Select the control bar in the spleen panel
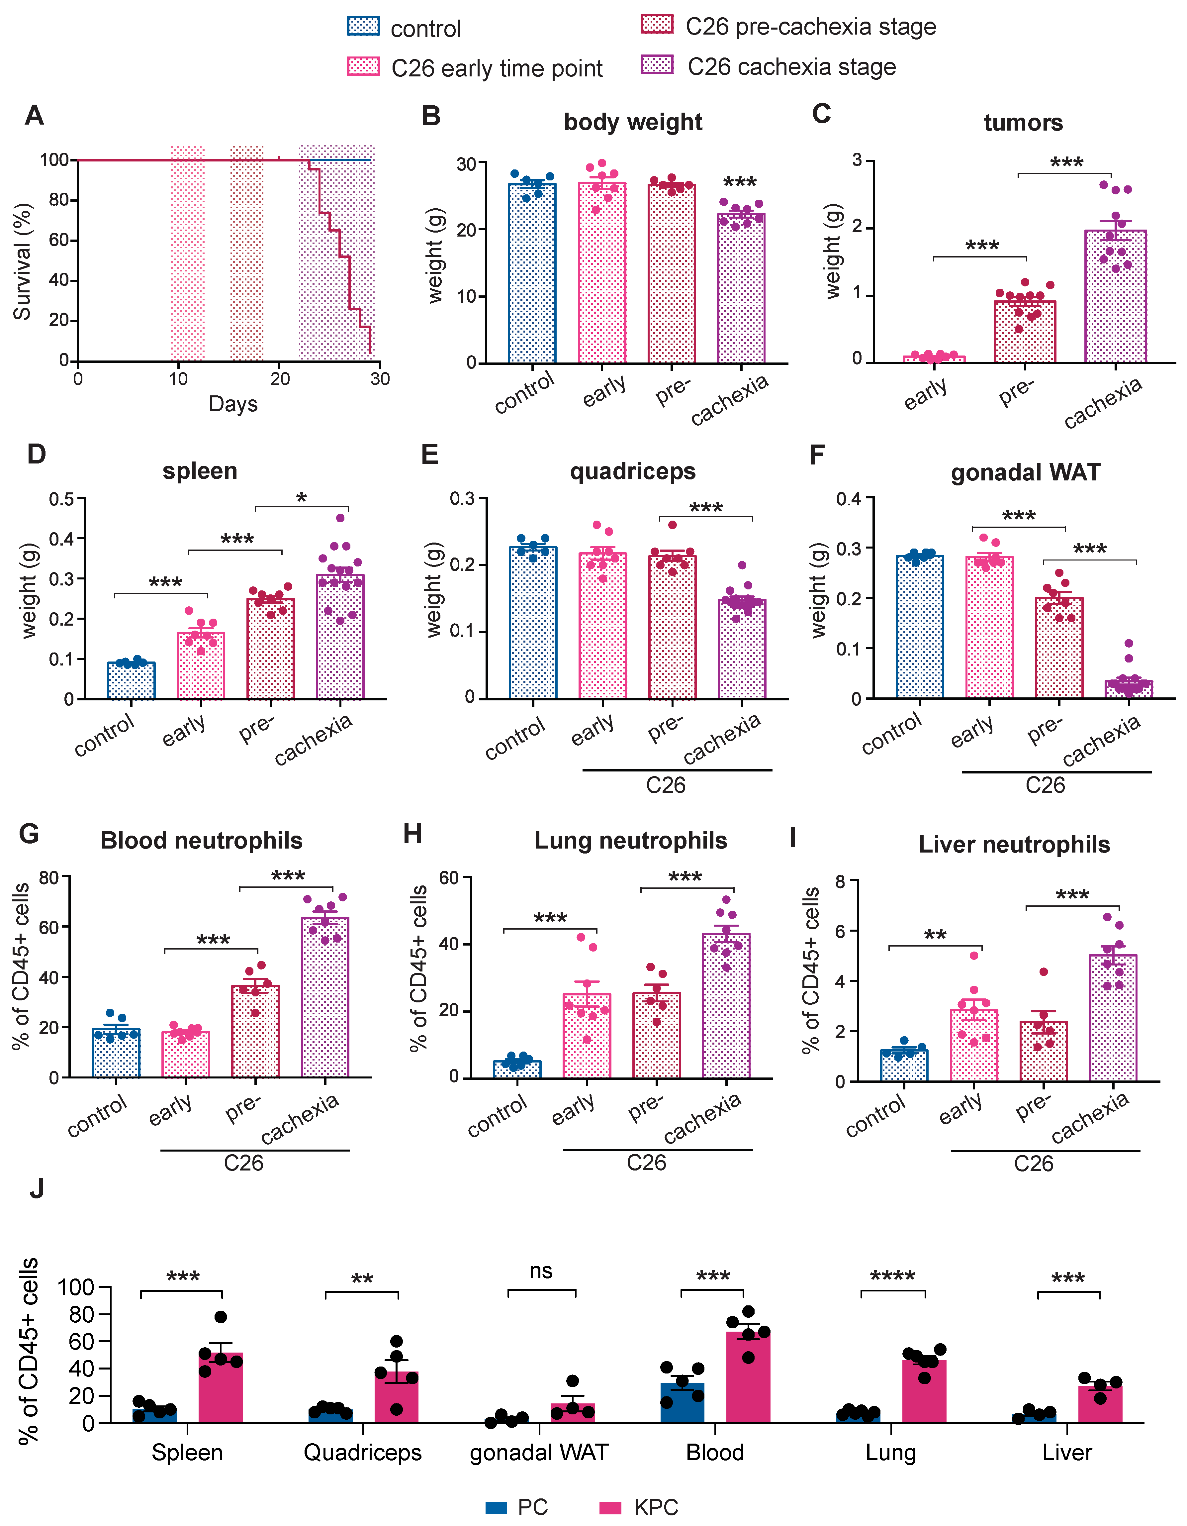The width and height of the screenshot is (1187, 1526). tap(131, 680)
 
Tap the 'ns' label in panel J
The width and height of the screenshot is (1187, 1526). tap(541, 1271)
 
